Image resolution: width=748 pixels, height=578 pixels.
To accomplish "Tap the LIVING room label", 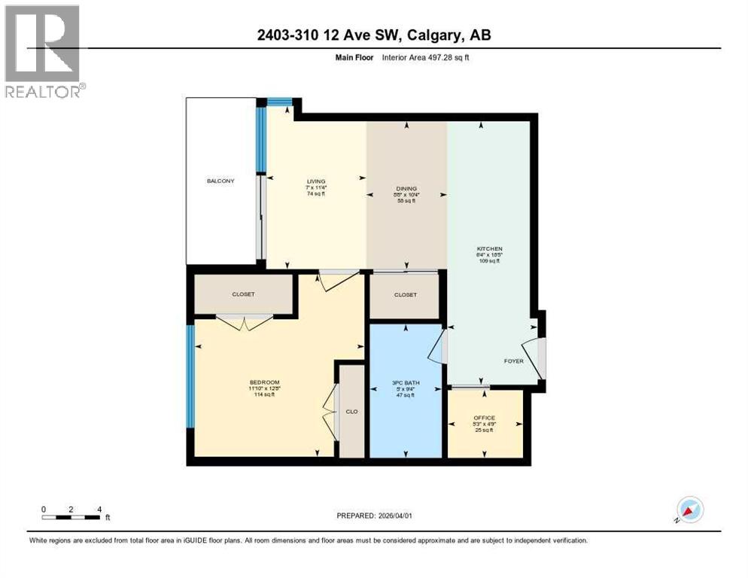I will click(315, 181).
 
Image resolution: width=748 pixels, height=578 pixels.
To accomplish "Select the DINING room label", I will click(406, 189).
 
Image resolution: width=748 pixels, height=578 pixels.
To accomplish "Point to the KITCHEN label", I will click(489, 248).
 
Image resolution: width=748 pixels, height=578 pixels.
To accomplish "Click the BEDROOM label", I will click(264, 382).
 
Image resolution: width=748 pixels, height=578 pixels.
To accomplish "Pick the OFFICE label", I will click(484, 418).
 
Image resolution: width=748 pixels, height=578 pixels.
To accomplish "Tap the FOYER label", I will click(513, 361).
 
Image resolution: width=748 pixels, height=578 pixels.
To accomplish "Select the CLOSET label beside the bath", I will click(405, 295).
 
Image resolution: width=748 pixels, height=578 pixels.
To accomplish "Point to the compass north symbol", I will click(689, 510).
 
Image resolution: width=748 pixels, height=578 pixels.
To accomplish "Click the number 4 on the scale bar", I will click(99, 509).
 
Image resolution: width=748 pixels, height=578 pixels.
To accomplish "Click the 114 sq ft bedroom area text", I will click(264, 395).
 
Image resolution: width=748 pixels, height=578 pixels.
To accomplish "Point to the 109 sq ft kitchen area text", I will click(489, 261).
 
